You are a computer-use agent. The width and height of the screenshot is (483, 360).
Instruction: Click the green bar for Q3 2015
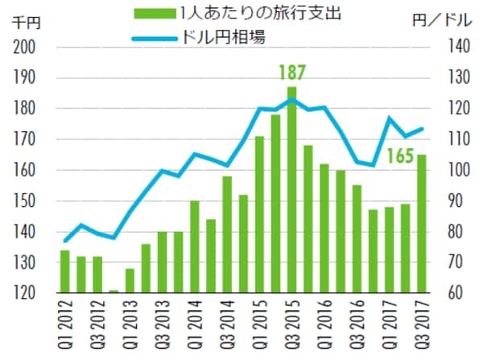coord(291,190)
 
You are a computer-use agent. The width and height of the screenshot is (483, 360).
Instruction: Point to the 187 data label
coord(291,73)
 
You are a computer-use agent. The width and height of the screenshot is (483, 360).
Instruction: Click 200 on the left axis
coord(27,48)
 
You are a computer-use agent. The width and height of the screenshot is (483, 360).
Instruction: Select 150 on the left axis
coord(27,201)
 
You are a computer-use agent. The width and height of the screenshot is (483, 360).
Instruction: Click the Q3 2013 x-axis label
coord(163,326)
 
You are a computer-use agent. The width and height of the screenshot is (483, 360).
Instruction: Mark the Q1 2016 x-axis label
coord(324,326)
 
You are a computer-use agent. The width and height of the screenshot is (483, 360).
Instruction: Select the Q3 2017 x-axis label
coord(421,326)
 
